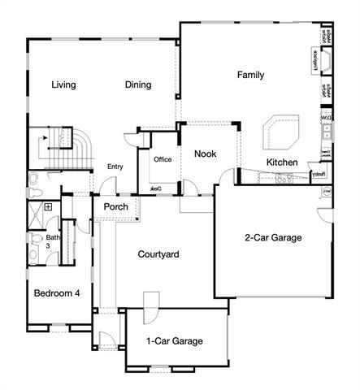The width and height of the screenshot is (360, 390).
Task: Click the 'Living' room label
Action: click(x=63, y=84)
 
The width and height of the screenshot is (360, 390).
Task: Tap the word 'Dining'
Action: click(x=139, y=84)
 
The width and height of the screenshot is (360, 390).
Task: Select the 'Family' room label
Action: click(x=250, y=75)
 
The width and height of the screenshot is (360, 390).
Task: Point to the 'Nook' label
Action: click(x=205, y=153)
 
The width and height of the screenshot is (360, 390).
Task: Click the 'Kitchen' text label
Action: click(x=282, y=162)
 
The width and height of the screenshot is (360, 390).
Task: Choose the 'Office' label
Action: click(x=163, y=159)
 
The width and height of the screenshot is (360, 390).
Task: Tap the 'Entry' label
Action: click(x=115, y=167)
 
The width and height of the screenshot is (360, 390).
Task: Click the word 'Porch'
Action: click(x=115, y=206)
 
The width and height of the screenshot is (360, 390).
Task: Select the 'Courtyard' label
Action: click(x=157, y=254)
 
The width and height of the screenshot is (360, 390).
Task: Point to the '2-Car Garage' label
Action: click(x=273, y=238)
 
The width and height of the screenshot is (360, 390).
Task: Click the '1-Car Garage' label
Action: click(x=174, y=341)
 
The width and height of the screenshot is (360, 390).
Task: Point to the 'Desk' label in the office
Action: click(x=154, y=189)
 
